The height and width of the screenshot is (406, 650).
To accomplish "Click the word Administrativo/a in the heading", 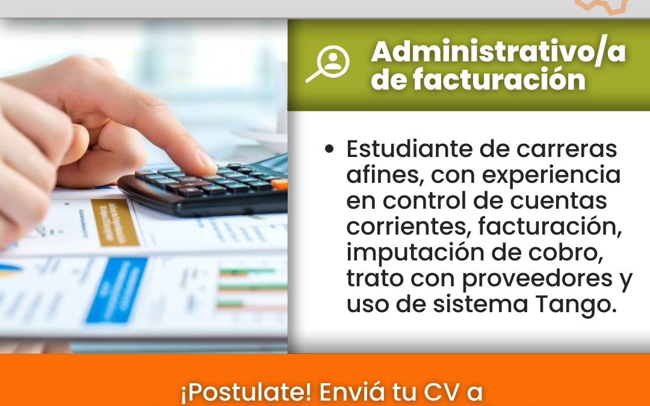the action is click(498, 52).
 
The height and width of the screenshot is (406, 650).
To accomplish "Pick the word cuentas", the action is click(559, 200).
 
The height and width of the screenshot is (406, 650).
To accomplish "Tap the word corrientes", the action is click(409, 227).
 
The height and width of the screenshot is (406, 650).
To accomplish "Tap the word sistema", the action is click(480, 304).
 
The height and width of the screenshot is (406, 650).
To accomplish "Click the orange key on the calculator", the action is click(280, 183).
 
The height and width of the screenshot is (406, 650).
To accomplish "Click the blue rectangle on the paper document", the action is click(117, 289).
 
